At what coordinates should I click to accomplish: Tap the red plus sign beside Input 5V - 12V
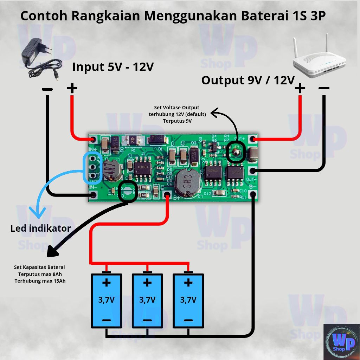(72, 88)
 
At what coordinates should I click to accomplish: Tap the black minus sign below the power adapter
(47, 89)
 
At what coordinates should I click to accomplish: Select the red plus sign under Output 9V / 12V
(300, 88)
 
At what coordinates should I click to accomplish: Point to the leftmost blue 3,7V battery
(107, 301)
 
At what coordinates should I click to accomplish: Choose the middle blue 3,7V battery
(147, 301)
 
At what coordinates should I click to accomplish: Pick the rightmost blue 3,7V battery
(188, 301)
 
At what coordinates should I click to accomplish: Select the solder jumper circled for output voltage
(234, 152)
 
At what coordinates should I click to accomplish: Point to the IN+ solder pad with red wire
(93, 140)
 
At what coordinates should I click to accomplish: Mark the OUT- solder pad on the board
(252, 171)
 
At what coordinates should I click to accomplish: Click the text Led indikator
(40, 229)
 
